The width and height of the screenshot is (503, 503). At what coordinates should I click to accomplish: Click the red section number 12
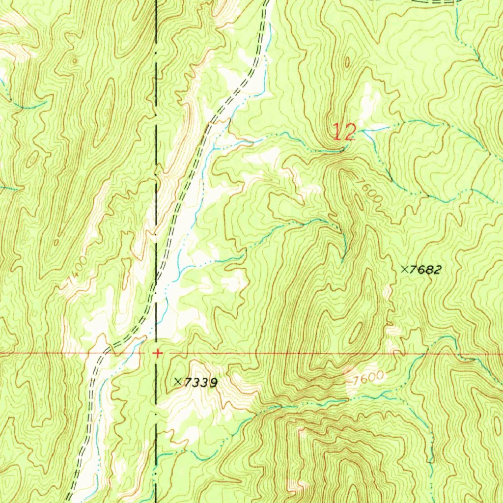[343, 132]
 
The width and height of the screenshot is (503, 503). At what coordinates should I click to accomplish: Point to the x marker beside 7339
[178, 381]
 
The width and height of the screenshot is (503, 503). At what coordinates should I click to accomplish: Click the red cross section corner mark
[157, 353]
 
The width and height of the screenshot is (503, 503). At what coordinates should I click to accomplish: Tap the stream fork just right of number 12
[364, 131]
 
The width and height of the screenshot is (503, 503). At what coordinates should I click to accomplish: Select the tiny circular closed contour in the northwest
[75, 61]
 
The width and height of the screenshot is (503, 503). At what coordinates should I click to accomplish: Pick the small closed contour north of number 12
[347, 63]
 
